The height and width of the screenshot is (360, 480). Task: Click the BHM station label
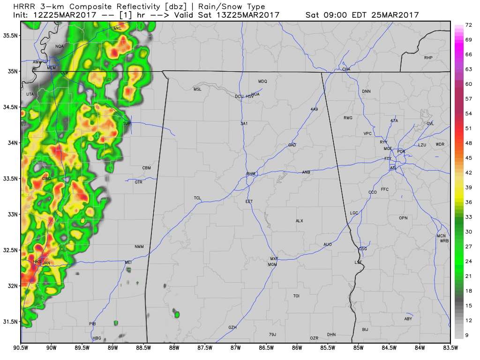click(251, 174)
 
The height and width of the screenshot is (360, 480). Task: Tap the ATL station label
click(393, 167)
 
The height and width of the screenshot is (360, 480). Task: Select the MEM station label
click(51, 68)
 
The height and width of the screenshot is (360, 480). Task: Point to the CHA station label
click(346, 69)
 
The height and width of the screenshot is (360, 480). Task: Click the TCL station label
click(197, 198)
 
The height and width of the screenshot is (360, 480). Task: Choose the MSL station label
click(197, 89)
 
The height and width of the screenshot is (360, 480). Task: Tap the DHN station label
click(331, 334)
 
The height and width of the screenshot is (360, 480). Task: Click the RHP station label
click(428, 58)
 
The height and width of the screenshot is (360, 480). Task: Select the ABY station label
click(408, 319)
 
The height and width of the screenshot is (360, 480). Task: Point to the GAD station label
click(292, 145)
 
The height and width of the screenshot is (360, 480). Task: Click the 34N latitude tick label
click(11, 143)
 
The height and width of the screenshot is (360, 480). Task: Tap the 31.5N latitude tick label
click(9, 322)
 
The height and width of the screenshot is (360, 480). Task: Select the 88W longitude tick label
click(174, 348)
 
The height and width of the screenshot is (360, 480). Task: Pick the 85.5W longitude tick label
click(328, 348)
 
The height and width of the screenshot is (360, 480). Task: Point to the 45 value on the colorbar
click(468, 158)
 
